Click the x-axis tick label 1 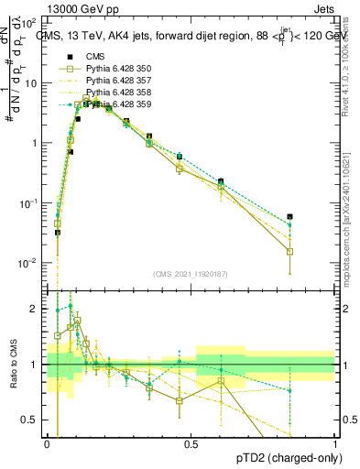point(335,443)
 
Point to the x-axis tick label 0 point(48,443)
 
